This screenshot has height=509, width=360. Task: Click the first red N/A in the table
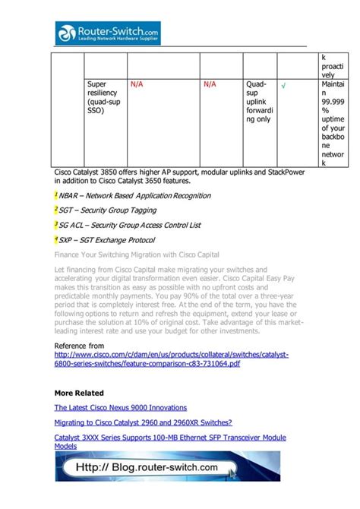[x=137, y=85]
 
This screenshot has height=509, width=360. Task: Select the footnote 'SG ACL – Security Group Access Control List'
[x=129, y=225]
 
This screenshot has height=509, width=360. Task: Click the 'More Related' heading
[x=79, y=394]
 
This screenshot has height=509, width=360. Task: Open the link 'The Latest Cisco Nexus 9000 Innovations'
[x=120, y=408]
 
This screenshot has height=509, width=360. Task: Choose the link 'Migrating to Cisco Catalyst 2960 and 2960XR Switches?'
[x=143, y=423]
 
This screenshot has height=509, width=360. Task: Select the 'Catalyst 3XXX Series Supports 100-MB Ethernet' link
[x=170, y=438]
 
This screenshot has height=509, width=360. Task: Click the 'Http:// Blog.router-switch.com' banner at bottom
[x=156, y=467]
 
